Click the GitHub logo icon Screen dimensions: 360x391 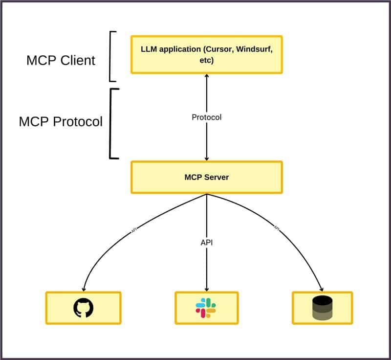click(x=83, y=308)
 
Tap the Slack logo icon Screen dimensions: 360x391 click(x=206, y=308)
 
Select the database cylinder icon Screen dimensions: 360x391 click(x=322, y=308)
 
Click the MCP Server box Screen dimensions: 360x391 click(x=206, y=177)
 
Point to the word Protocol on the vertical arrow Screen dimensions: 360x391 click(x=206, y=117)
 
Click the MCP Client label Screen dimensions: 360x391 click(x=61, y=60)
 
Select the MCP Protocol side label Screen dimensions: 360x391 click(x=61, y=121)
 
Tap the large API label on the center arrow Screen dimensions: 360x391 click(x=207, y=242)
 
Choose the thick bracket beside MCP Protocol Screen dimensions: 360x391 click(x=112, y=123)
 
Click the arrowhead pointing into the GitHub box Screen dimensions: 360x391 click(x=84, y=289)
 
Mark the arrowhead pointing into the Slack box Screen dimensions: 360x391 click(x=207, y=289)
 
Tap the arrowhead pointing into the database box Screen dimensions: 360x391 click(x=321, y=289)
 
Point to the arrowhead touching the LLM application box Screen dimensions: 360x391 click(x=207, y=76)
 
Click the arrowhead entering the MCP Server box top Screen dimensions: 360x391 click(x=207, y=158)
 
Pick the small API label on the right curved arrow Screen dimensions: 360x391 click(x=277, y=228)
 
